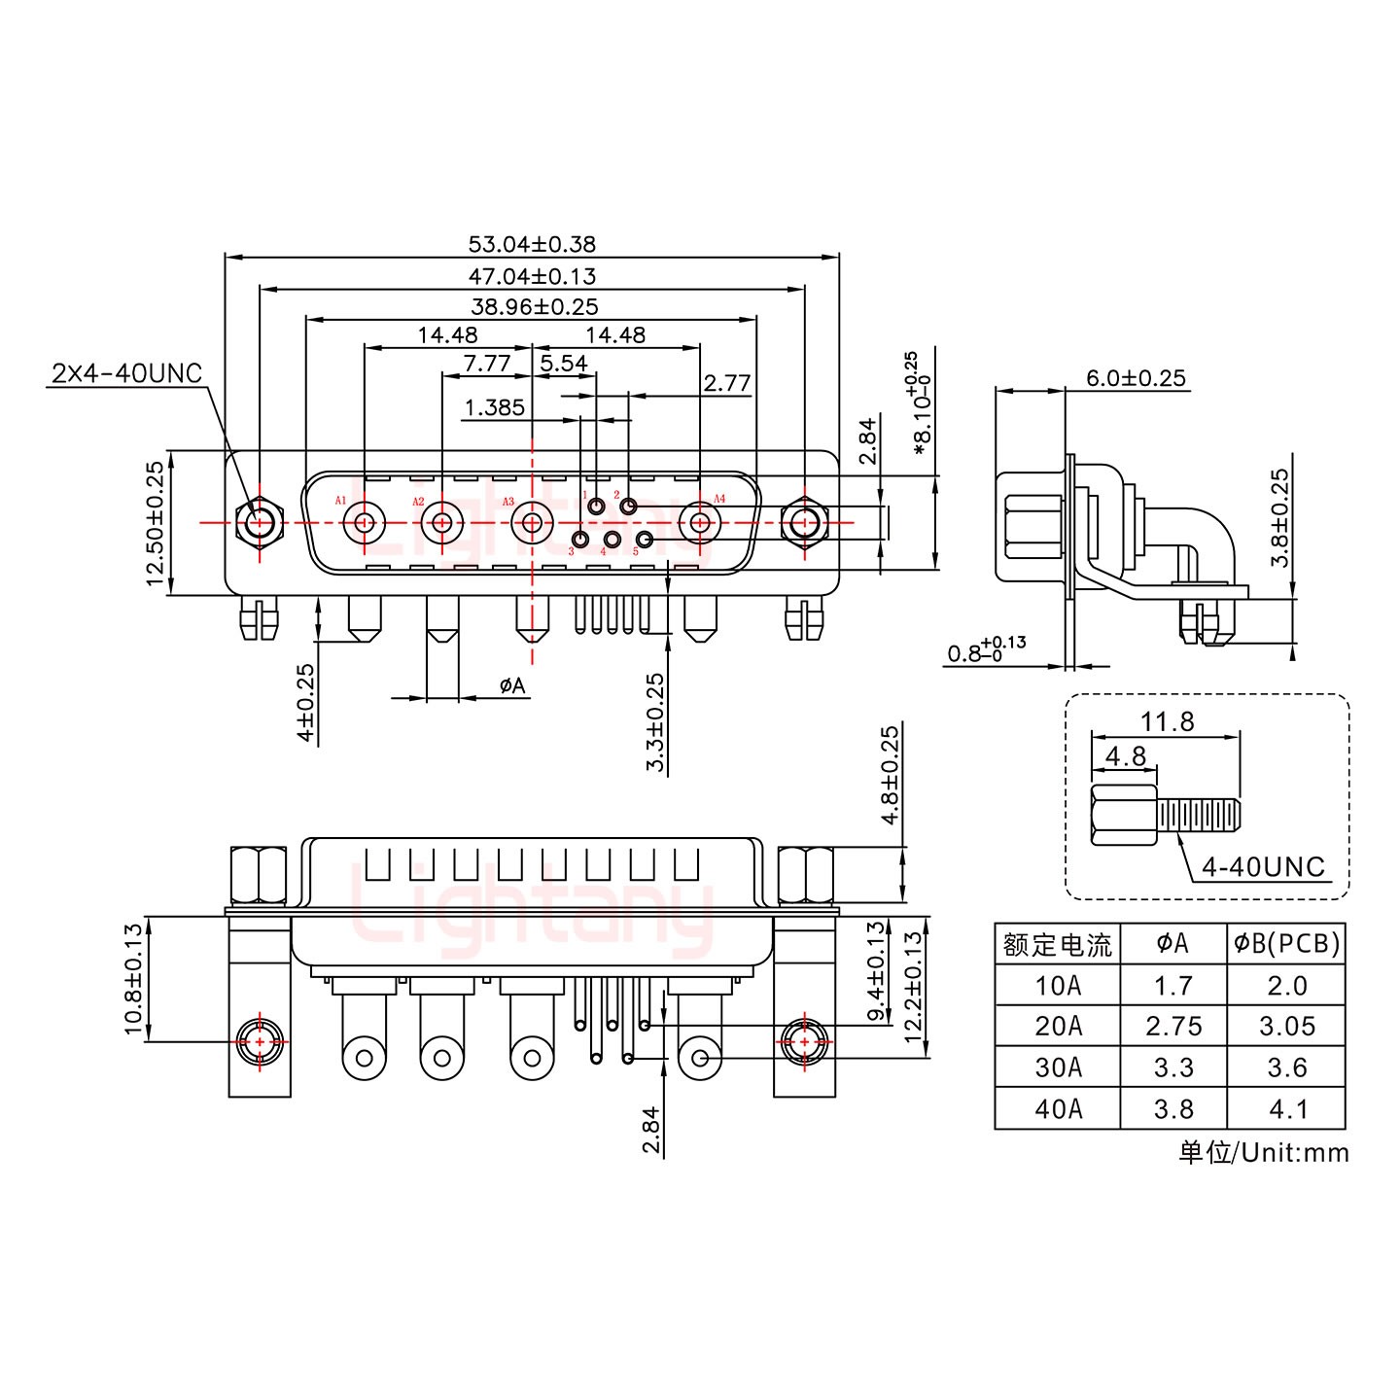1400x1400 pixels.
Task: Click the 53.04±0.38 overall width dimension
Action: coord(532,244)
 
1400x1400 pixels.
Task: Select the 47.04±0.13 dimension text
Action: coord(532,276)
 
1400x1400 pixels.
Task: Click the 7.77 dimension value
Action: coord(486,363)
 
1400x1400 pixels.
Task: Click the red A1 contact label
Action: coord(340,501)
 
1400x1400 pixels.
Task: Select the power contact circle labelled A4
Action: coord(699,523)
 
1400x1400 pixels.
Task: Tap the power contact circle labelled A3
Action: coord(532,523)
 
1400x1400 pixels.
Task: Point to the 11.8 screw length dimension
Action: coord(1167,721)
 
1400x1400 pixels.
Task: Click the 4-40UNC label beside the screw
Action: coord(1263,866)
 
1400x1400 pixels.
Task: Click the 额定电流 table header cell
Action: coord(1057,944)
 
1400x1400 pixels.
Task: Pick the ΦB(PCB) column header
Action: coord(1286,943)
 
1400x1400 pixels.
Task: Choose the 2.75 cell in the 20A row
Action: coord(1172,1027)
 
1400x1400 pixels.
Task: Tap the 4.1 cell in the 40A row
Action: coord(1286,1108)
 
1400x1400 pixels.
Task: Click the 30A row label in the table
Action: coord(1057,1067)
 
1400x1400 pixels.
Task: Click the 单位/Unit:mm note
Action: coord(1263,1153)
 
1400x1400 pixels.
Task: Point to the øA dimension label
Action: coord(512,686)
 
